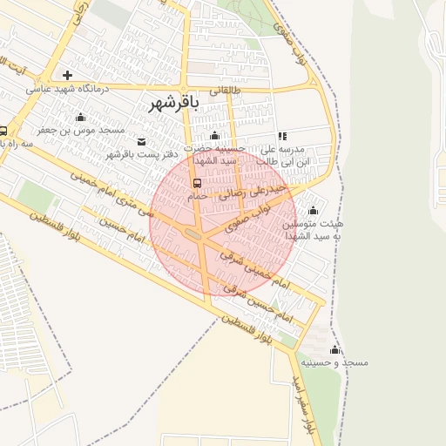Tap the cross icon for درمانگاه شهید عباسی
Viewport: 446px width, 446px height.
tap(66, 75)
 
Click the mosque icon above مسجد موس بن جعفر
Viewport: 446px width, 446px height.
tap(80, 117)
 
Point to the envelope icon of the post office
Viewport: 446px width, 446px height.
tap(142, 141)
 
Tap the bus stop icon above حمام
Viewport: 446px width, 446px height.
tap(198, 183)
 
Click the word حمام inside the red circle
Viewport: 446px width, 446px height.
tap(198, 196)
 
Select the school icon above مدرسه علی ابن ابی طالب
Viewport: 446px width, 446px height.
tap(282, 136)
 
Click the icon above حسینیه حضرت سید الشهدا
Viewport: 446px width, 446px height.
tap(215, 136)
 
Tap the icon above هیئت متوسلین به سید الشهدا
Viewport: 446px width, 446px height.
tap(313, 211)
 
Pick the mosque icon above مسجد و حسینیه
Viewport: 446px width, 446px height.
tap(334, 349)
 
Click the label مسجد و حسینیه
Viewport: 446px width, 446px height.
tap(334, 362)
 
